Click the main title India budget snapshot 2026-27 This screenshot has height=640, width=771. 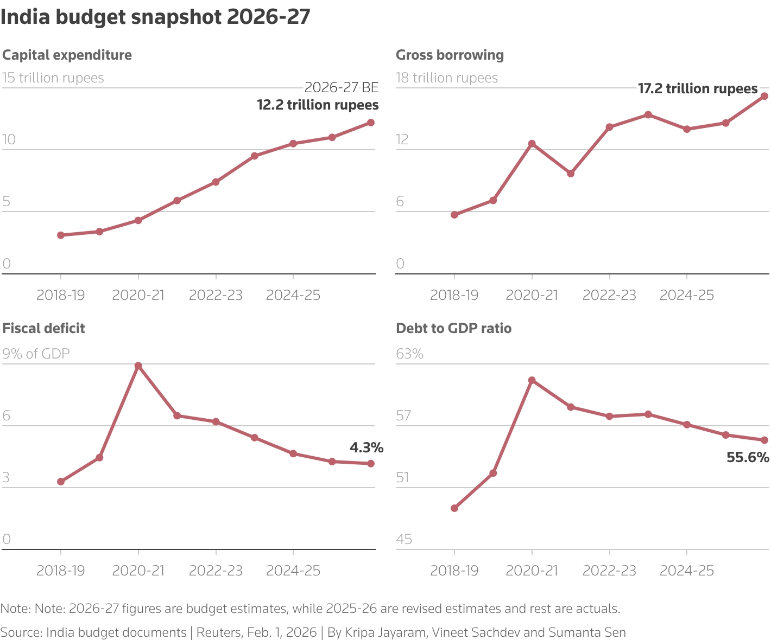point(155,17)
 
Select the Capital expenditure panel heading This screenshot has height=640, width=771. point(67,55)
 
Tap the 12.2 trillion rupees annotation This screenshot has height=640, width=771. point(318,105)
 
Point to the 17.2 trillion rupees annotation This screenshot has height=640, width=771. point(698,88)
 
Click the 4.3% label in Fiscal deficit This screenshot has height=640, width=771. point(366,448)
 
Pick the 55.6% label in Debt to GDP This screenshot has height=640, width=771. point(748,458)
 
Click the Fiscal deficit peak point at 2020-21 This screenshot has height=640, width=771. point(138,366)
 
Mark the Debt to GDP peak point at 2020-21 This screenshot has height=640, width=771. point(532,380)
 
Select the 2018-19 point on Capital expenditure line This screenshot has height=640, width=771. point(61,235)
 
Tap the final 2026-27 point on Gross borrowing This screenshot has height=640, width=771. point(764,96)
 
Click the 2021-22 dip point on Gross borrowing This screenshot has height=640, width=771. point(571,174)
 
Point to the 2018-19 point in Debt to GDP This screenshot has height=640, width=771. point(454,508)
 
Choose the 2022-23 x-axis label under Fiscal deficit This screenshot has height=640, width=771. point(216,571)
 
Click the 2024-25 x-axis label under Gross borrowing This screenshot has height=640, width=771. point(686,296)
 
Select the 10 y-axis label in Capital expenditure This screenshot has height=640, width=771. point(9,140)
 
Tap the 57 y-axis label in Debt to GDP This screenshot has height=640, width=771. point(403,416)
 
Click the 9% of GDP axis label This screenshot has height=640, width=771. point(36,354)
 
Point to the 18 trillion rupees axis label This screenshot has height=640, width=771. point(447,78)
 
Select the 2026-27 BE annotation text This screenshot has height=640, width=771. point(341,88)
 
